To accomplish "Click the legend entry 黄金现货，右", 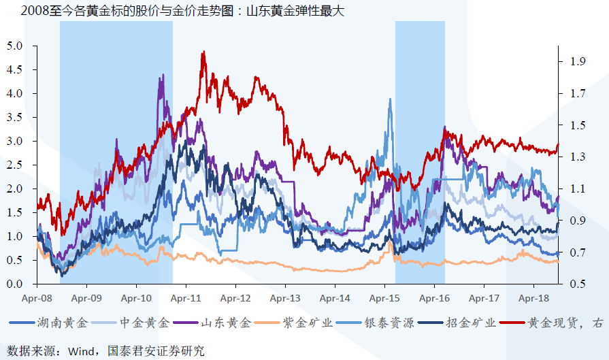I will click(x=565, y=323).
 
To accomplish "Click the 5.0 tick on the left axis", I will click(x=15, y=46).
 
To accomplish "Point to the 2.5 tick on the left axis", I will click(x=15, y=165).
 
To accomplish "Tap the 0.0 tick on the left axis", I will click(x=15, y=284).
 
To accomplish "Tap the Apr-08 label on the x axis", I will click(x=37, y=298).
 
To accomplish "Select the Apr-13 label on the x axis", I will click(x=285, y=298).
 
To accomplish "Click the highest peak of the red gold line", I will click(x=203, y=52).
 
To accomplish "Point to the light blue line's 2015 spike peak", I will click(x=390, y=99).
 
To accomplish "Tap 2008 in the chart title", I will click(x=35, y=11).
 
